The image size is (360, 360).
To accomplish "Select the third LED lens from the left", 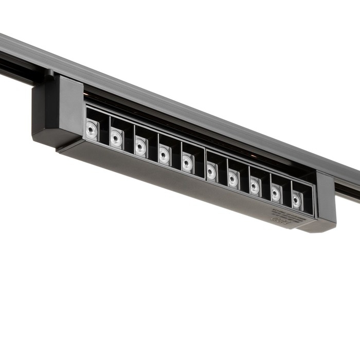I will tap(140, 147).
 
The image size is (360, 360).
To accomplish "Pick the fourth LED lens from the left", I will tap(165, 154).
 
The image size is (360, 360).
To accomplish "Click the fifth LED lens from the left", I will tap(188, 163).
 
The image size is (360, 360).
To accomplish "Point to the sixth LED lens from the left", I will tap(211, 171).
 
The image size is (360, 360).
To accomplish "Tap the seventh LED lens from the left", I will tap(233, 179).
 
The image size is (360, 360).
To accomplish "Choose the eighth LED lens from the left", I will tap(255, 186).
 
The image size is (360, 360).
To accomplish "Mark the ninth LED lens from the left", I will tap(276, 193).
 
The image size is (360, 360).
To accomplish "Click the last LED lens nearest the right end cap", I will tap(297, 200).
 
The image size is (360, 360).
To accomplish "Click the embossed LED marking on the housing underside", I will tap(281, 219).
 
